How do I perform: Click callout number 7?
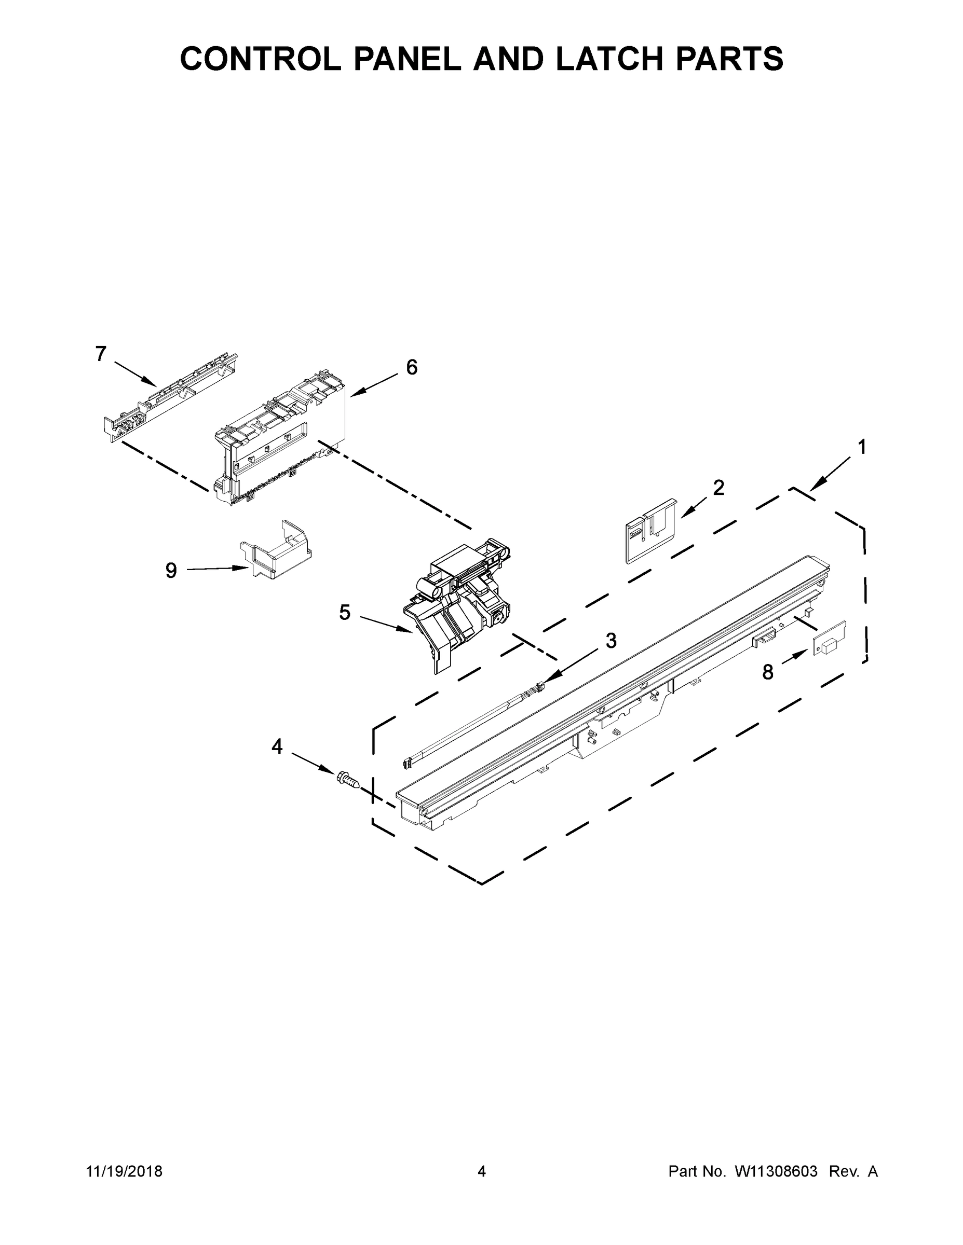point(101,354)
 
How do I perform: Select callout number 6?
point(412,367)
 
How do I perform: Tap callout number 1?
point(862,447)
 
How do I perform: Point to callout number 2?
point(719,488)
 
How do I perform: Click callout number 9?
point(171,570)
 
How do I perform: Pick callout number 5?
point(345,613)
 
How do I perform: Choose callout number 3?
point(611,641)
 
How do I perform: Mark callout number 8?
point(768,673)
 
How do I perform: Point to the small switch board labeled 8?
point(829,639)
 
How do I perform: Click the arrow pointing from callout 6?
point(374,382)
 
